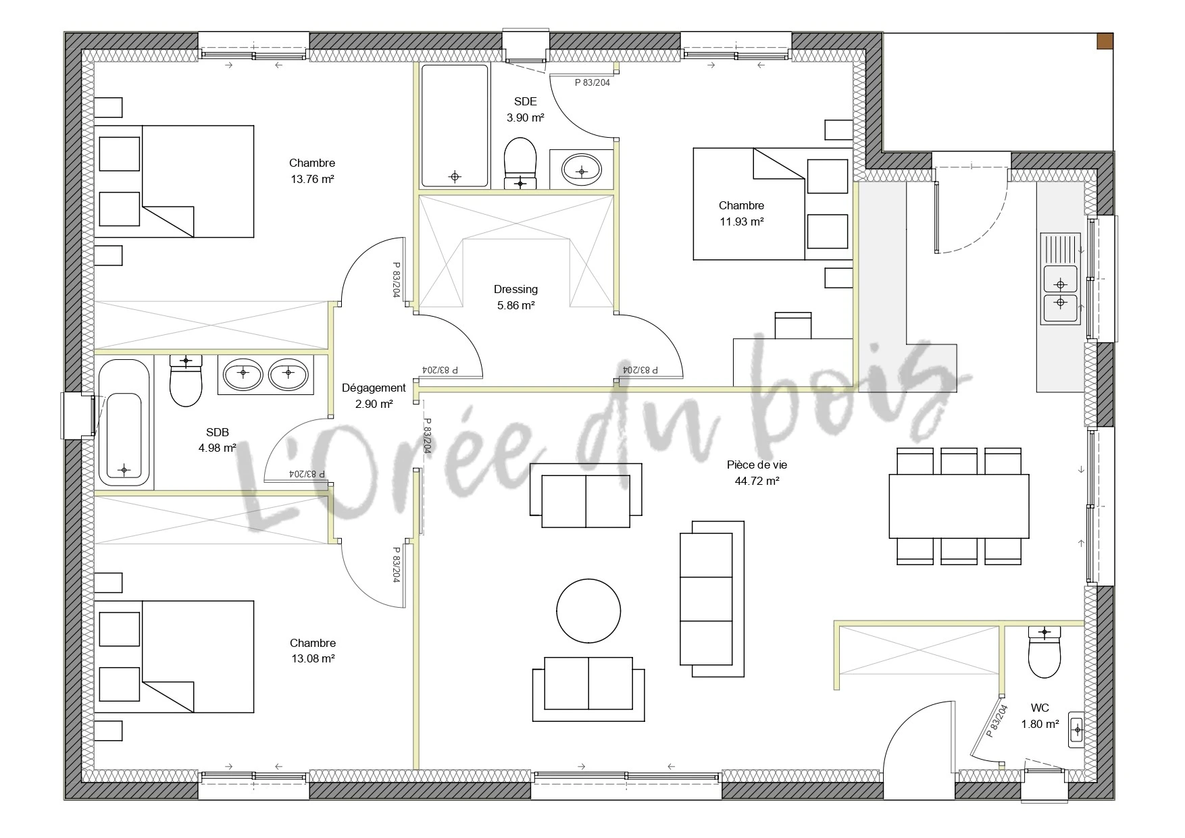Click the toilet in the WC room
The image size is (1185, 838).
coord(1044,652)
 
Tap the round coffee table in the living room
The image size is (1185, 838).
coord(588,610)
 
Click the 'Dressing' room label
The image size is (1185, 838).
coord(515,289)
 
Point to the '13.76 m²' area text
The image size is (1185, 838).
coord(312,179)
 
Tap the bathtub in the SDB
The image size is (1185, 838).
coord(124,423)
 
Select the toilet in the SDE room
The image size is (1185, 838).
coord(520,163)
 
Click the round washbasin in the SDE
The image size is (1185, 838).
coord(582,168)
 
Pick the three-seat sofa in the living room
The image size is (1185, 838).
coord(711,598)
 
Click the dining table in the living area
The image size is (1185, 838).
coord(959,505)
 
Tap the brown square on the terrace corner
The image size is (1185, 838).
coord(1105,41)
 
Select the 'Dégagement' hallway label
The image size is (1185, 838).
coord(374,388)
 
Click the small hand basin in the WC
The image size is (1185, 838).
coord(1076,729)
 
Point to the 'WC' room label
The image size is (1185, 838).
coord(1040,708)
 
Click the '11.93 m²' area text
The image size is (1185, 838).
coord(741,221)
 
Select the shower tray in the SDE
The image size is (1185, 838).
coord(455,126)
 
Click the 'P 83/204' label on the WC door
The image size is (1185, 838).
coord(997,720)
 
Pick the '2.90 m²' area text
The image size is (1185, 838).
coord(374,404)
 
